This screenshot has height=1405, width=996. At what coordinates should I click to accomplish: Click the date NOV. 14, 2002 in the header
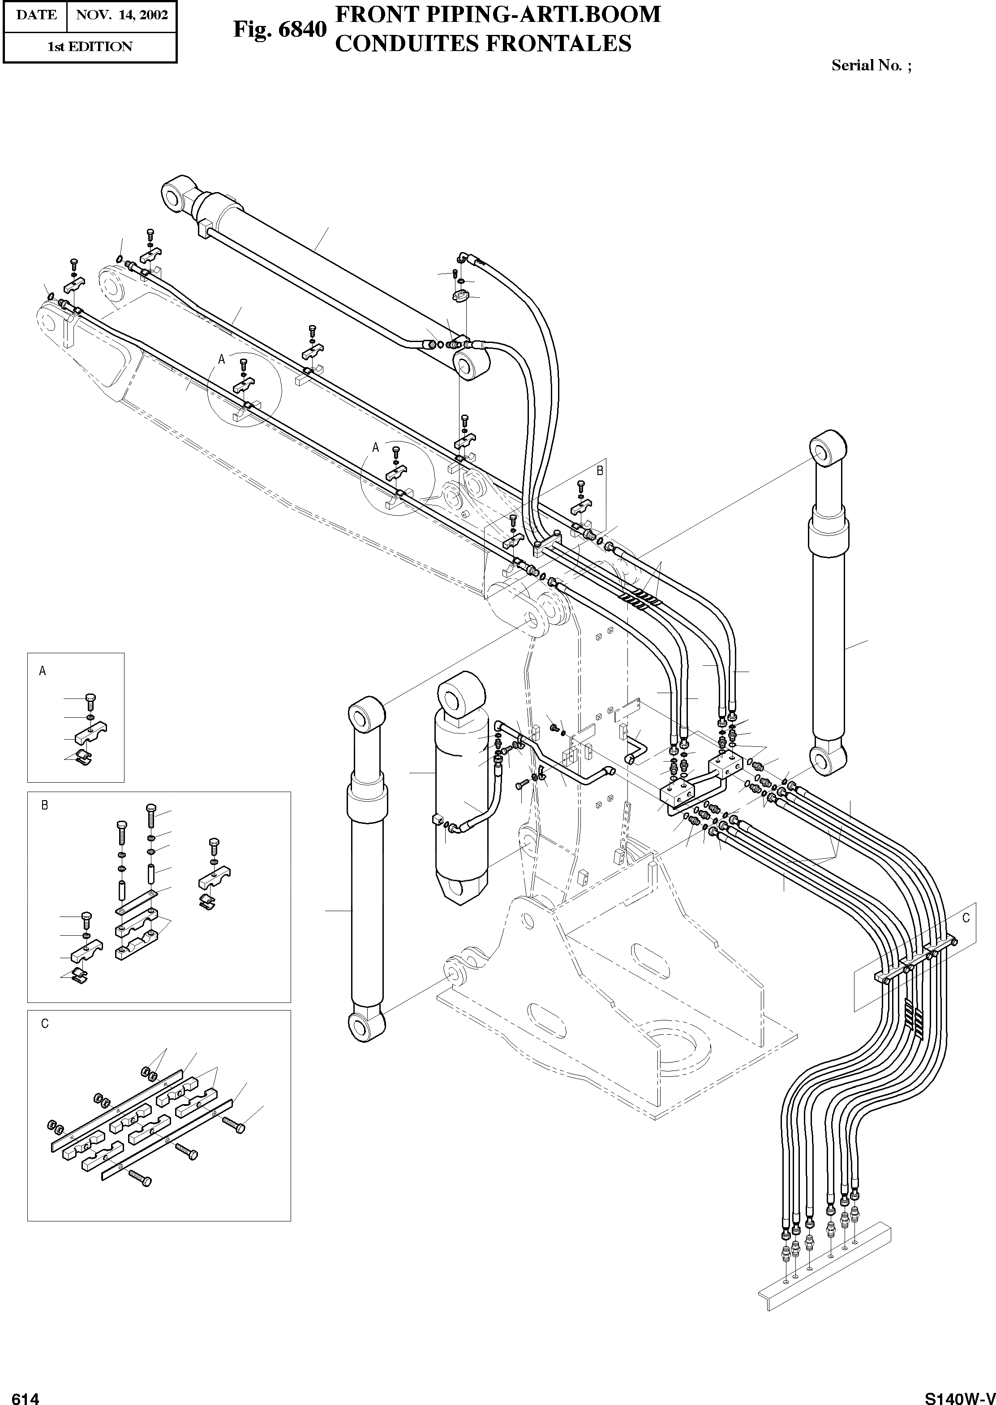pos(121,15)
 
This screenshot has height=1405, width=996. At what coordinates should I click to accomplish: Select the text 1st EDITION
pos(90,47)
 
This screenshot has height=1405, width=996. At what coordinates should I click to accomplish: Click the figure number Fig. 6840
pos(279,30)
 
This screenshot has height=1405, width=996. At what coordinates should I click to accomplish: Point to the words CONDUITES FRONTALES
pos(483,43)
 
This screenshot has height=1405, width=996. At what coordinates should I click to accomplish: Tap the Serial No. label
pos(871,65)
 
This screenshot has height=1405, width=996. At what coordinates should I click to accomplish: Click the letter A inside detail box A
pos(42,671)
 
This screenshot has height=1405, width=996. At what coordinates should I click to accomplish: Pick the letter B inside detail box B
pos(44,805)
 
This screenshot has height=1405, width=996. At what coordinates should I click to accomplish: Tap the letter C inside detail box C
pos(44,1024)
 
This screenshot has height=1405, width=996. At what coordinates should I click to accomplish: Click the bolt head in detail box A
pos(90,698)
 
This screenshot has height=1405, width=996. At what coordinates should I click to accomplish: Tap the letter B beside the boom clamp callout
pos(600,470)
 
